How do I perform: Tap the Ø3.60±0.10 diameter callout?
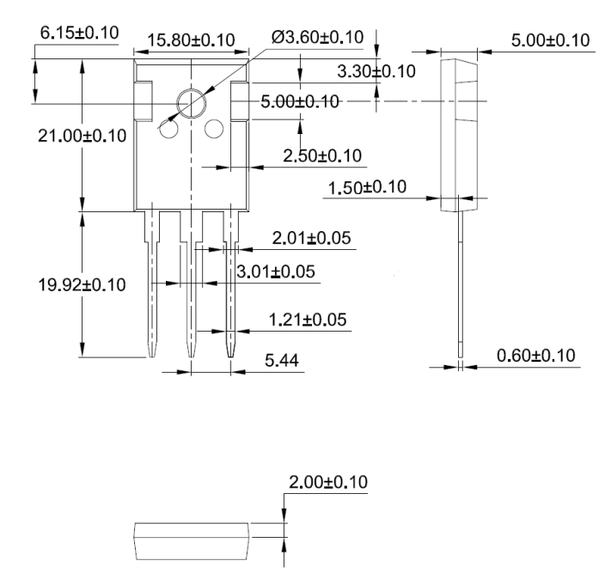(317, 37)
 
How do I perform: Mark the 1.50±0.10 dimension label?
(368, 187)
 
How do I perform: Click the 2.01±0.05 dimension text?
(311, 237)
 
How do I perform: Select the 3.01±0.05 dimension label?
(275, 272)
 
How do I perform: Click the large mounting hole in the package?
(190, 104)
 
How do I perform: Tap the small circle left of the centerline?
(168, 130)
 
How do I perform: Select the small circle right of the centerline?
(213, 130)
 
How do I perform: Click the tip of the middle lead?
(191, 356)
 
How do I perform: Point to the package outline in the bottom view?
(191, 541)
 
